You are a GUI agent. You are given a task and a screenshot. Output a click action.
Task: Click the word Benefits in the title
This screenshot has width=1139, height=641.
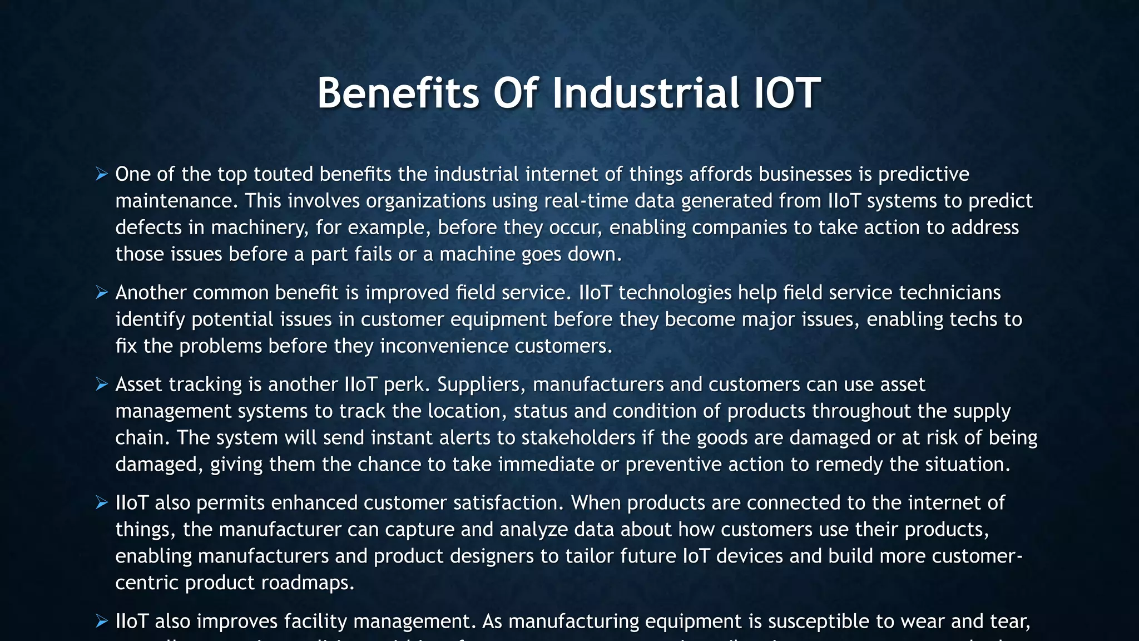(x=398, y=93)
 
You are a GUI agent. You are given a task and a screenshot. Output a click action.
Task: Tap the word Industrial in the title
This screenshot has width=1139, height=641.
(x=646, y=93)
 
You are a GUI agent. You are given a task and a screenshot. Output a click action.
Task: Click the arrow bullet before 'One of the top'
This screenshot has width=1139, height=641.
(x=101, y=174)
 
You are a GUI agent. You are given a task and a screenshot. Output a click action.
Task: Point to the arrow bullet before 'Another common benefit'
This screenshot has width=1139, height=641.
(x=101, y=293)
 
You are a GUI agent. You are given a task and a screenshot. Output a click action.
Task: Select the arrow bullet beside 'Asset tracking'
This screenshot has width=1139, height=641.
(x=101, y=384)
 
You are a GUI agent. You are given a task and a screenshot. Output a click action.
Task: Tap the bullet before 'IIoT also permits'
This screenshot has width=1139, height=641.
(x=101, y=503)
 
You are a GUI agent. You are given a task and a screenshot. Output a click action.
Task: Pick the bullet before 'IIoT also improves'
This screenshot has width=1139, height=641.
(x=101, y=622)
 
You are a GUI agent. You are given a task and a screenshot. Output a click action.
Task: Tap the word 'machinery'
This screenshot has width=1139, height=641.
(x=260, y=228)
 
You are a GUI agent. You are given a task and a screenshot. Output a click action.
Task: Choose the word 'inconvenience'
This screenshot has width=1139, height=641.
(x=444, y=346)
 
